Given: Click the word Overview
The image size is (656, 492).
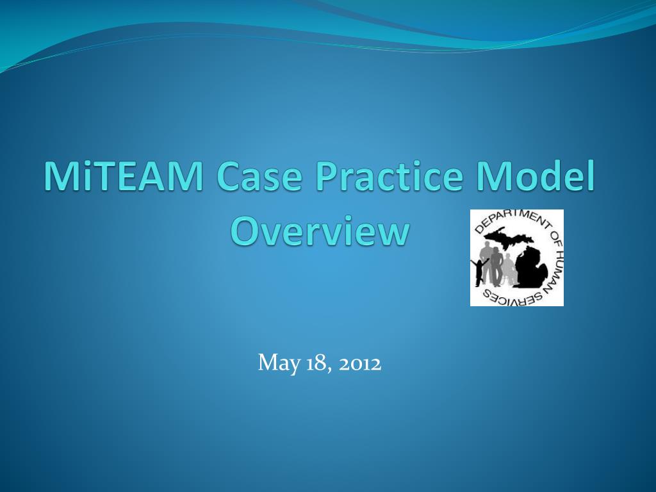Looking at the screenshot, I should click(x=319, y=231).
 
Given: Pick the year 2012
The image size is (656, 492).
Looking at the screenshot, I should click(x=360, y=364).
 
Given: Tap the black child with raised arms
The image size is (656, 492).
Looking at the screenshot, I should click(x=479, y=273).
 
